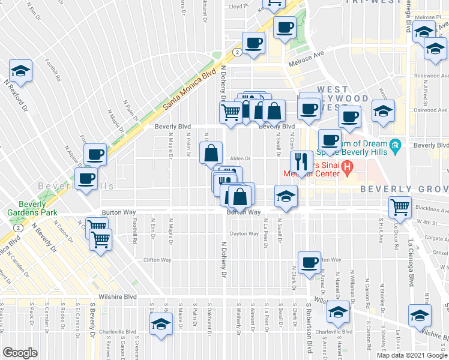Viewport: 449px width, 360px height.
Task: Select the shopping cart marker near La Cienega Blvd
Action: (x=400, y=208)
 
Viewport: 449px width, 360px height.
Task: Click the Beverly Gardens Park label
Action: (x=24, y=208)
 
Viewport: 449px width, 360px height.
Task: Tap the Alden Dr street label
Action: (x=240, y=159)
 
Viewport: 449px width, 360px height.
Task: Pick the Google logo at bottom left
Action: (x=20, y=353)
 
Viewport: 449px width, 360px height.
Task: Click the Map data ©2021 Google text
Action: (x=411, y=355)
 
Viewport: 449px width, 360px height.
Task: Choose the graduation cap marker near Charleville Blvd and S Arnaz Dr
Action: (x=338, y=313)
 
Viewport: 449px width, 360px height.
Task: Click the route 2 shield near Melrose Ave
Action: (x=238, y=52)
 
